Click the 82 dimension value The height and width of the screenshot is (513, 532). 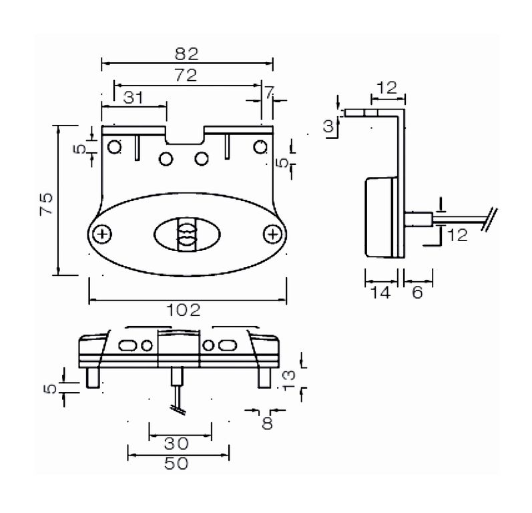[187, 53]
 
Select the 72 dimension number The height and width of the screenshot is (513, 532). [186, 75]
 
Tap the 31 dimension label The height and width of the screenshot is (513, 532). [134, 98]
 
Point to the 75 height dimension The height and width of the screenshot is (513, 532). [47, 203]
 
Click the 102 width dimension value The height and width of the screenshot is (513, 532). [184, 310]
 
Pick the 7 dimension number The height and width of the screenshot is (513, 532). [269, 92]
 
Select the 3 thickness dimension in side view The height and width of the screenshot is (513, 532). [328, 126]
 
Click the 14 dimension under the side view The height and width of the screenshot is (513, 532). [380, 293]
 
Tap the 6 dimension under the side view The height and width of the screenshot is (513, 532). [417, 293]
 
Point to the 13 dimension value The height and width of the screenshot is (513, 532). [288, 380]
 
